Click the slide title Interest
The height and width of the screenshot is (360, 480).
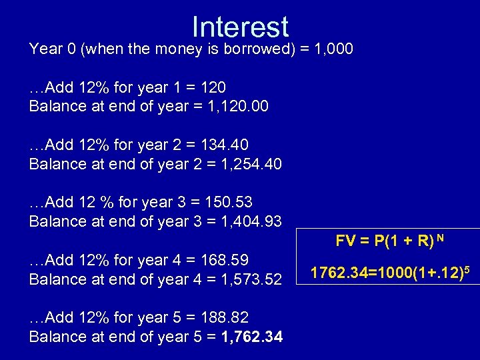coord(240,27)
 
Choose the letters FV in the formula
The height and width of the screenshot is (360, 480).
coord(345,241)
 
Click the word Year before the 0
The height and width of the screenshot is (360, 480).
coord(44,49)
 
